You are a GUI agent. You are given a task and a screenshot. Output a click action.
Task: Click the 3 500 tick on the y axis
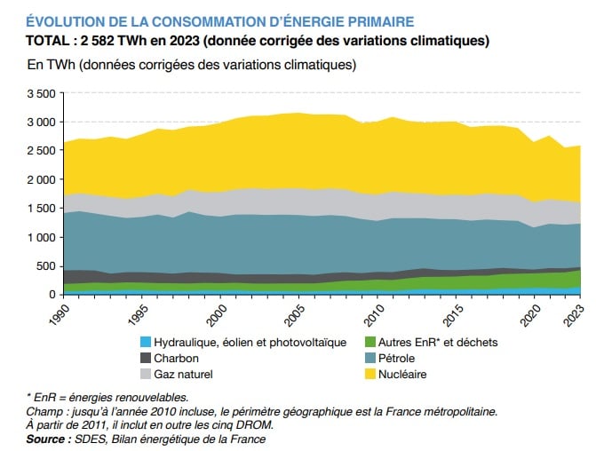pyautogui.click(x=41, y=93)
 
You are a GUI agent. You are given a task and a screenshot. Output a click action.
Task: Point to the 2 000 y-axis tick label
pyautogui.click(x=41, y=179)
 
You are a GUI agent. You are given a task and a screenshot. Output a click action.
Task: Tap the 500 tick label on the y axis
pyautogui.click(x=46, y=266)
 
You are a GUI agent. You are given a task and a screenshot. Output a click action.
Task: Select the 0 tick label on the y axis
pyautogui.click(x=52, y=295)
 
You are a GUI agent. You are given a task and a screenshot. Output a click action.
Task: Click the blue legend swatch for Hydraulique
pyautogui.click(x=145, y=342)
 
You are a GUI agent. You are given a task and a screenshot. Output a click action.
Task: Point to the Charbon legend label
pyautogui.click(x=177, y=358)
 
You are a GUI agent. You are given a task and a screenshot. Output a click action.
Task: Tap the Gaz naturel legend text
pyautogui.click(x=185, y=374)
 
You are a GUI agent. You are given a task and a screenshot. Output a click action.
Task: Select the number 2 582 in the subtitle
pyautogui.click(x=103, y=41)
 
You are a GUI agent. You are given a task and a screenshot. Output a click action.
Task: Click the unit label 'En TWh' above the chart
pyautogui.click(x=51, y=65)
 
